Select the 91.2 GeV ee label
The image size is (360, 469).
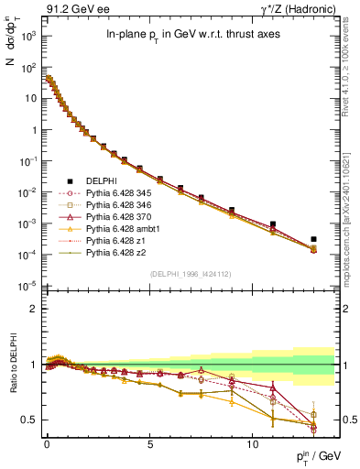click(67, 9)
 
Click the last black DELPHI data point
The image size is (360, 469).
click(313, 239)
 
